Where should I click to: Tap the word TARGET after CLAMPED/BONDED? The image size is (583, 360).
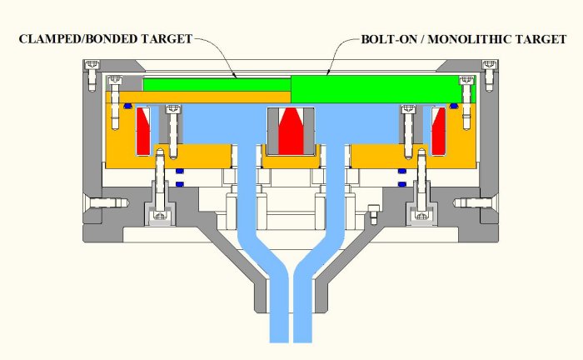point(166,39)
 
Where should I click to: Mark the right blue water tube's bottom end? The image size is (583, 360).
point(302,337)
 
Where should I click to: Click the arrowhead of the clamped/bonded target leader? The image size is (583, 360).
point(238,77)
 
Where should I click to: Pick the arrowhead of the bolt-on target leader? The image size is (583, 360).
point(327,74)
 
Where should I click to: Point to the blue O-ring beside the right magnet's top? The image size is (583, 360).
point(454,106)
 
